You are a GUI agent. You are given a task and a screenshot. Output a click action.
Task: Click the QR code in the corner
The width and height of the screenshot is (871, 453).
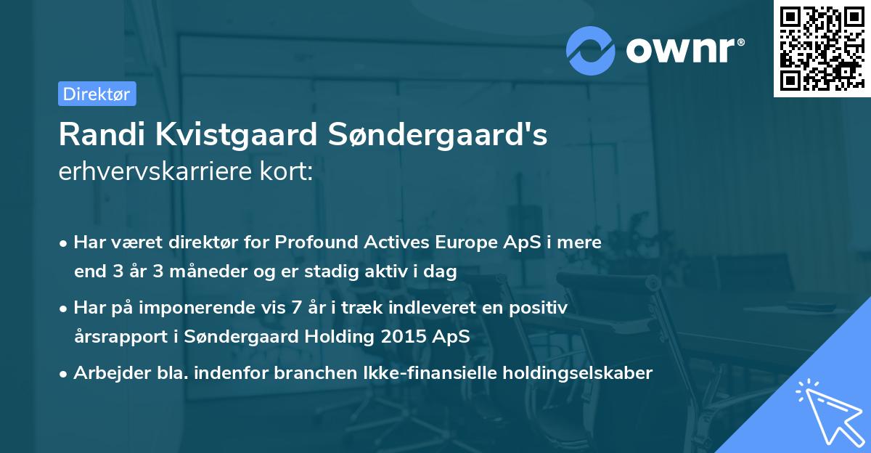(x=822, y=49)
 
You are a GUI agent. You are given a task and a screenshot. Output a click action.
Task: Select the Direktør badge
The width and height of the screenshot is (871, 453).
(x=97, y=94)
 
